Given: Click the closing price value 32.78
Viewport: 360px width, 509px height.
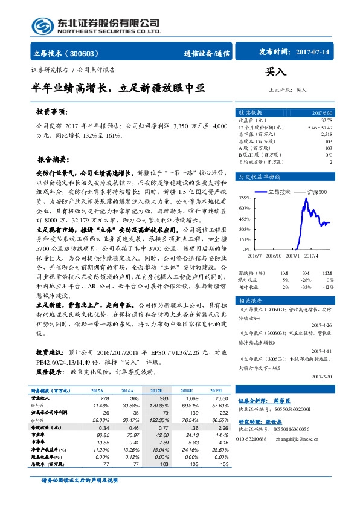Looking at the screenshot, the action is coord(326,120).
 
